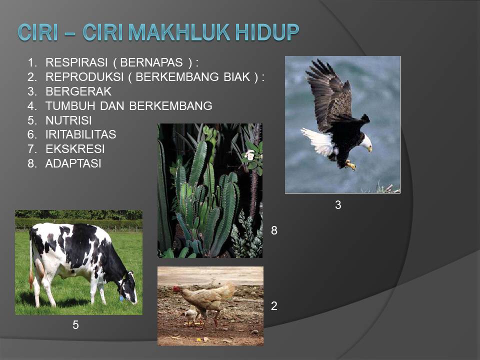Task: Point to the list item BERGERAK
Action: (x=78, y=91)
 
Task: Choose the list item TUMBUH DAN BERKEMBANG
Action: (x=128, y=106)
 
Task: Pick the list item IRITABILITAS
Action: (x=80, y=134)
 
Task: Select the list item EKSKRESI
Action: (x=75, y=149)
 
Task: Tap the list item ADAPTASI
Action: (x=73, y=163)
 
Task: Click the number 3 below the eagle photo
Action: (x=338, y=205)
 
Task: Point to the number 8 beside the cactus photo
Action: (x=274, y=230)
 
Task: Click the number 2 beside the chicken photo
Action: (x=274, y=306)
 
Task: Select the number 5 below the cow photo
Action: (x=75, y=325)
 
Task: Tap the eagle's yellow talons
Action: (x=351, y=164)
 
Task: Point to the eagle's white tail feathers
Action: (x=318, y=141)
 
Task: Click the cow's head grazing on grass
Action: (x=128, y=290)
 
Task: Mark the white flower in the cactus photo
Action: (x=249, y=155)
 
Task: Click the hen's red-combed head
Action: (x=177, y=289)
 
